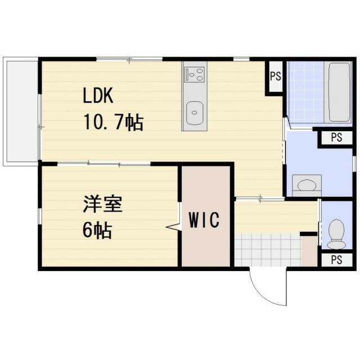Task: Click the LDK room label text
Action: click(98, 96)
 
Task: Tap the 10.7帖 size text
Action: click(113, 121)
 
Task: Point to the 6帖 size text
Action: click(97, 230)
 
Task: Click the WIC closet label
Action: click(204, 220)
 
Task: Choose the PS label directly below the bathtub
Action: click(336, 138)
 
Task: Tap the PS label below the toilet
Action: click(336, 260)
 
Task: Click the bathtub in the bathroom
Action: click(339, 92)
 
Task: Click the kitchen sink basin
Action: click(194, 113)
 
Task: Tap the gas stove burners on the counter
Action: click(194, 73)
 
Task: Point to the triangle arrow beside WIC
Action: click(173, 227)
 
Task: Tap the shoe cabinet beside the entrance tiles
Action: click(309, 250)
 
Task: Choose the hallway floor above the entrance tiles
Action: click(276, 216)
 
